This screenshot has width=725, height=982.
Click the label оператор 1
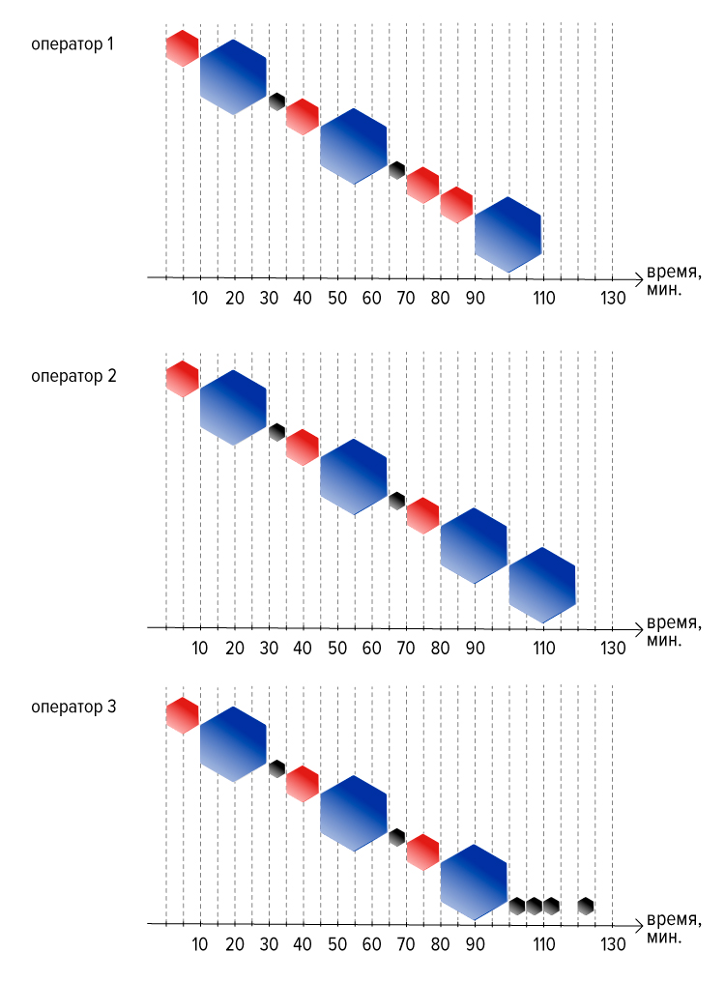pyautogui.click(x=72, y=44)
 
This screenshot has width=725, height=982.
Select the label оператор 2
pyautogui.click(x=73, y=376)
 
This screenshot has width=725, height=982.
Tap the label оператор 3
pyautogui.click(x=73, y=708)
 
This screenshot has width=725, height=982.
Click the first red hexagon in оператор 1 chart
pyautogui.click(x=183, y=48)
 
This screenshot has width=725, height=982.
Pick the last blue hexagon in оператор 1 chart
pyautogui.click(x=508, y=234)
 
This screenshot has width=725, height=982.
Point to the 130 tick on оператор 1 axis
pyautogui.click(x=613, y=298)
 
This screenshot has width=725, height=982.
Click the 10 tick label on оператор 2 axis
pyautogui.click(x=199, y=649)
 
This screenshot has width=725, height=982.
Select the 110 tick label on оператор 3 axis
pyautogui.click(x=544, y=944)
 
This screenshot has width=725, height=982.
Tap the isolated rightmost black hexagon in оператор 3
pyautogui.click(x=585, y=906)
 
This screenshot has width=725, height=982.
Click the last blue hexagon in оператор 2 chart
pyautogui.click(x=542, y=585)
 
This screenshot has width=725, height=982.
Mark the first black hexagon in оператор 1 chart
pyautogui.click(x=277, y=101)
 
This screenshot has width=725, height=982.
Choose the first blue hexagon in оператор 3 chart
pyautogui.click(x=234, y=744)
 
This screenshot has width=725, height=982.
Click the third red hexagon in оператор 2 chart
pyautogui.click(x=423, y=516)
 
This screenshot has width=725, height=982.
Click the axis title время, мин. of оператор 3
pyautogui.click(x=673, y=928)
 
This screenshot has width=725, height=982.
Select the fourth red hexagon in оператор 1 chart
pyautogui.click(x=456, y=205)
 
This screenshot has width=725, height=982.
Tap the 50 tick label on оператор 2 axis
pyautogui.click(x=337, y=649)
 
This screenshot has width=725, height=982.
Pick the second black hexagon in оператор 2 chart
pyautogui.click(x=396, y=501)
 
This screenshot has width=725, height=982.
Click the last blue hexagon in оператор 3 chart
pyautogui.click(x=474, y=882)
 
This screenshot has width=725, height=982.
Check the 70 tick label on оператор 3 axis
pyautogui.click(x=406, y=944)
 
